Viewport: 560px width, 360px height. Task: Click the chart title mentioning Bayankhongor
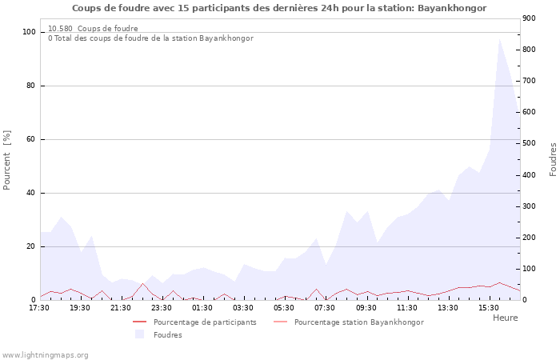coord(279,8)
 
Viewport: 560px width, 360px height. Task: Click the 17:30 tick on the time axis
coord(39,307)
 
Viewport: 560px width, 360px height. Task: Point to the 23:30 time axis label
coord(162,307)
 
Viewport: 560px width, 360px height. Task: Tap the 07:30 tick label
coord(325,307)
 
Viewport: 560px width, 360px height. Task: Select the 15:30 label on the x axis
coord(489,307)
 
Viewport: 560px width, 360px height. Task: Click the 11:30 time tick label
coord(406,307)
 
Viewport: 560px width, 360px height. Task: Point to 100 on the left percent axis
coord(29,32)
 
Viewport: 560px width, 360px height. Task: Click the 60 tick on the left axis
coord(31,139)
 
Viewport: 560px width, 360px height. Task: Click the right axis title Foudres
coord(553,159)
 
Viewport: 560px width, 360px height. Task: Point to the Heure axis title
coord(505,318)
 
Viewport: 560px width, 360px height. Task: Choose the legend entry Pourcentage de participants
coord(205,322)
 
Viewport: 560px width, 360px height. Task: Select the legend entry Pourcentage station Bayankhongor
coord(358,322)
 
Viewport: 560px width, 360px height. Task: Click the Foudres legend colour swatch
coord(140,334)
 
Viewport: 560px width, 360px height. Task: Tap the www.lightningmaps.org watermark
coord(45,354)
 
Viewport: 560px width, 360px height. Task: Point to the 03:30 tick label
coord(243,307)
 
